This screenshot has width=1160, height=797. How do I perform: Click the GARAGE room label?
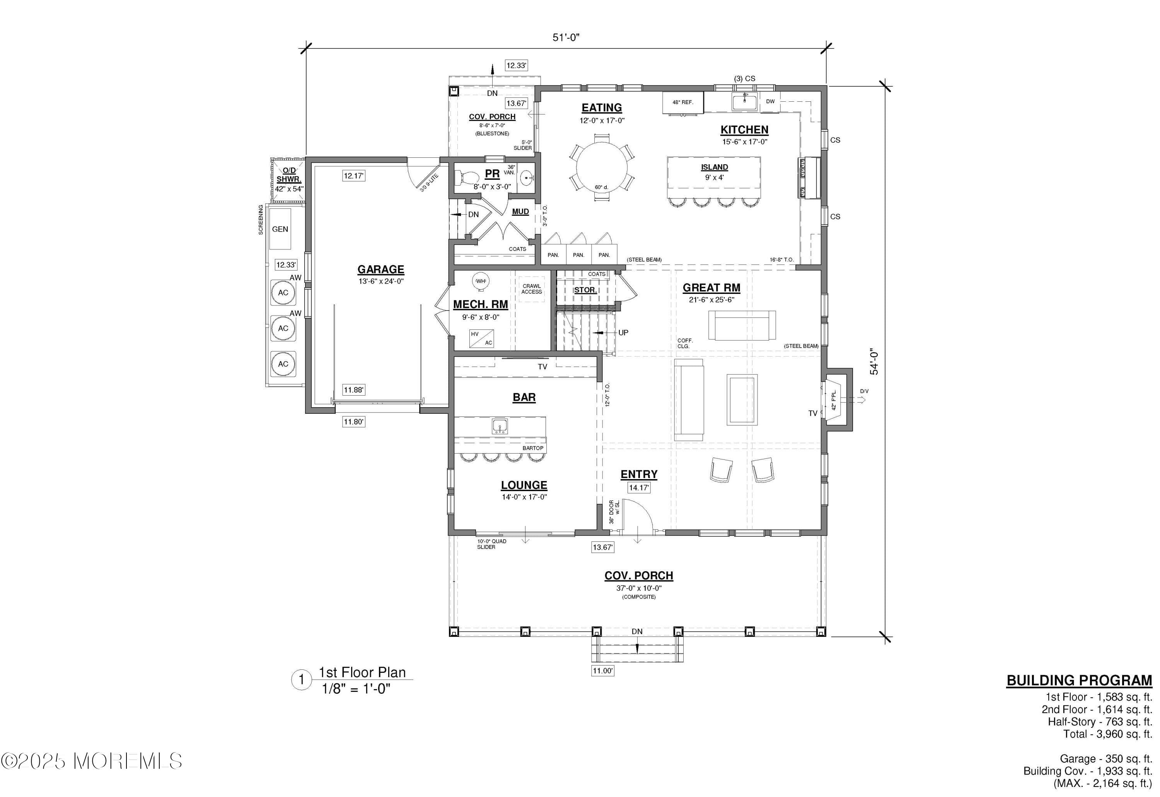(380, 270)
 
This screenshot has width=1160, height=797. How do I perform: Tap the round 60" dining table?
(602, 167)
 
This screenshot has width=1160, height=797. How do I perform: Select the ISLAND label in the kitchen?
(714, 167)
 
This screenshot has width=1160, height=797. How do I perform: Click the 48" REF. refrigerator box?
(682, 102)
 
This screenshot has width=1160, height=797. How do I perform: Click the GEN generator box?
(280, 229)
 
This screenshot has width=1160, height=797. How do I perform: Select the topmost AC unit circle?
(283, 293)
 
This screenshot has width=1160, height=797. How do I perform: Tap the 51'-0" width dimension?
(566, 38)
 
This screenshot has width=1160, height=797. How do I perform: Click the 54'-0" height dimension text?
(874, 362)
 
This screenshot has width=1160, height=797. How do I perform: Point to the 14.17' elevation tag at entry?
(639, 488)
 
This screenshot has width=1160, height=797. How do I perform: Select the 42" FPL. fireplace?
(834, 399)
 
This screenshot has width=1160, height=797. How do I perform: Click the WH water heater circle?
(480, 281)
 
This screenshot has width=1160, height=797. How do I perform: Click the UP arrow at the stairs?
(623, 333)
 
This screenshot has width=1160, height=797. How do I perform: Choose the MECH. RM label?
(480, 305)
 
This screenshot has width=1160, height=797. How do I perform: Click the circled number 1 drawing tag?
(301, 680)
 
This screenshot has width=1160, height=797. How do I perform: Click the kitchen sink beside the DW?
(745, 101)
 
